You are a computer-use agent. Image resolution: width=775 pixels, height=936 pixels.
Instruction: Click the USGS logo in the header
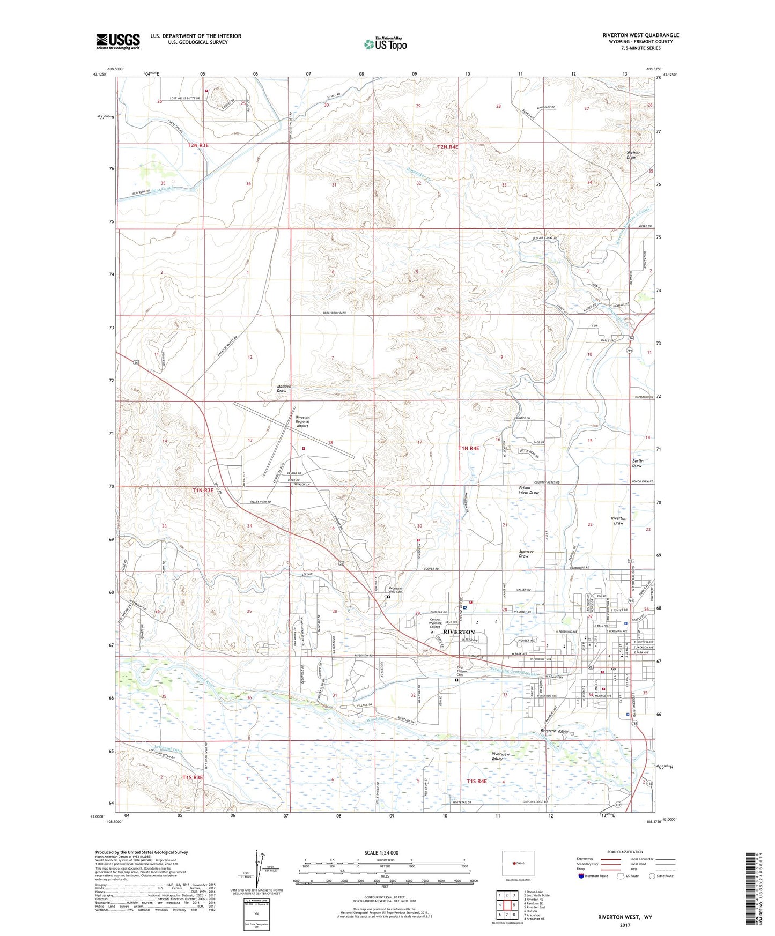118,41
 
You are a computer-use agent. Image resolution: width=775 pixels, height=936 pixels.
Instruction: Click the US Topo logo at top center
385,44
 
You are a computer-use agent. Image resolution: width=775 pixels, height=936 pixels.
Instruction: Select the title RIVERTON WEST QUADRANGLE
640,35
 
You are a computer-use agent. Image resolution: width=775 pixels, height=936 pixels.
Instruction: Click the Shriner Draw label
634,155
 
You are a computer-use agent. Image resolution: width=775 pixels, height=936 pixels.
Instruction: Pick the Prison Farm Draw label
528,490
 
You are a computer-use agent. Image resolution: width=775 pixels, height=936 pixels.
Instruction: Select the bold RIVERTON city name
459,633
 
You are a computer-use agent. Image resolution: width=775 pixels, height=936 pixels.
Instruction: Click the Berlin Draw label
637,463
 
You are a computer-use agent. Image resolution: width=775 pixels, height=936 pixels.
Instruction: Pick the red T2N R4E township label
447,147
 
